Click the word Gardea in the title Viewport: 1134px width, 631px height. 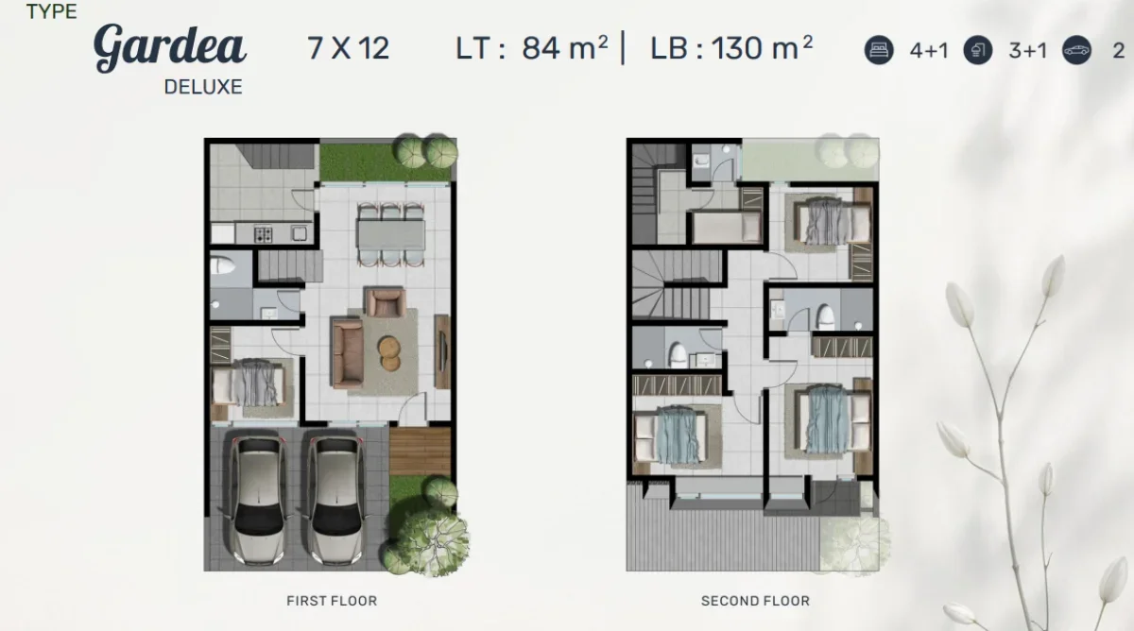[x=170, y=46]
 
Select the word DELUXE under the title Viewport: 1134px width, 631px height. [x=203, y=87]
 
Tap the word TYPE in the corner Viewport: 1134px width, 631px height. [x=52, y=12]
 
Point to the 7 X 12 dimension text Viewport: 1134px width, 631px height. [x=348, y=48]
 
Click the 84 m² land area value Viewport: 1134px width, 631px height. [x=564, y=47]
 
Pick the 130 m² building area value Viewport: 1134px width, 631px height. [x=760, y=47]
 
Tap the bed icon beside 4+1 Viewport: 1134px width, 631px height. [x=879, y=50]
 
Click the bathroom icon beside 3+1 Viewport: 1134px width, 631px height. [x=978, y=50]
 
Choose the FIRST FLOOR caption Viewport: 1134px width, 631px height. [x=331, y=601]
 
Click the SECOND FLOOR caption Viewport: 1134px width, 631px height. [x=755, y=601]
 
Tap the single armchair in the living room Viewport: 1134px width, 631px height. [x=385, y=302]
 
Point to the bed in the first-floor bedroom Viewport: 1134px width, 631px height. [x=249, y=386]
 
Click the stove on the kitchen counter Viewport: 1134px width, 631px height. [x=263, y=233]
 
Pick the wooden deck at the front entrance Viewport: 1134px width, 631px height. [x=420, y=451]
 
